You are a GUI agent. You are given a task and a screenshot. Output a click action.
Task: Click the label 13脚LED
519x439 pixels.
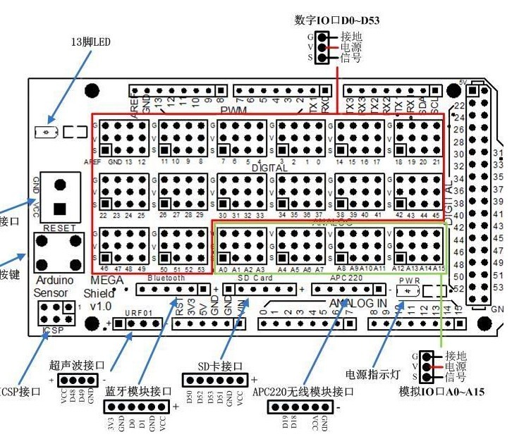[x=92, y=42]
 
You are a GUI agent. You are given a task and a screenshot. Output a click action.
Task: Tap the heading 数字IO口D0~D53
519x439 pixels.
[x=337, y=20]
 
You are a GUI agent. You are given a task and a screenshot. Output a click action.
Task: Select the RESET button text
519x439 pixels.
[x=59, y=228]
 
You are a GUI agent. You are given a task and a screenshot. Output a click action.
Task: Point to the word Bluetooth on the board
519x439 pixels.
[x=166, y=278]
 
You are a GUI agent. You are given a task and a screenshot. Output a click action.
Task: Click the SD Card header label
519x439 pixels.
[x=255, y=278]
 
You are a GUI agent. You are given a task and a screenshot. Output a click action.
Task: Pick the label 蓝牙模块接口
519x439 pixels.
[x=138, y=392]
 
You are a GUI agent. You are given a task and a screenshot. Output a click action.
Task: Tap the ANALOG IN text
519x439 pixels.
[x=358, y=303]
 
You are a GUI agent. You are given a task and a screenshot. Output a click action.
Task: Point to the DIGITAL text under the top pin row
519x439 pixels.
[x=269, y=168]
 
